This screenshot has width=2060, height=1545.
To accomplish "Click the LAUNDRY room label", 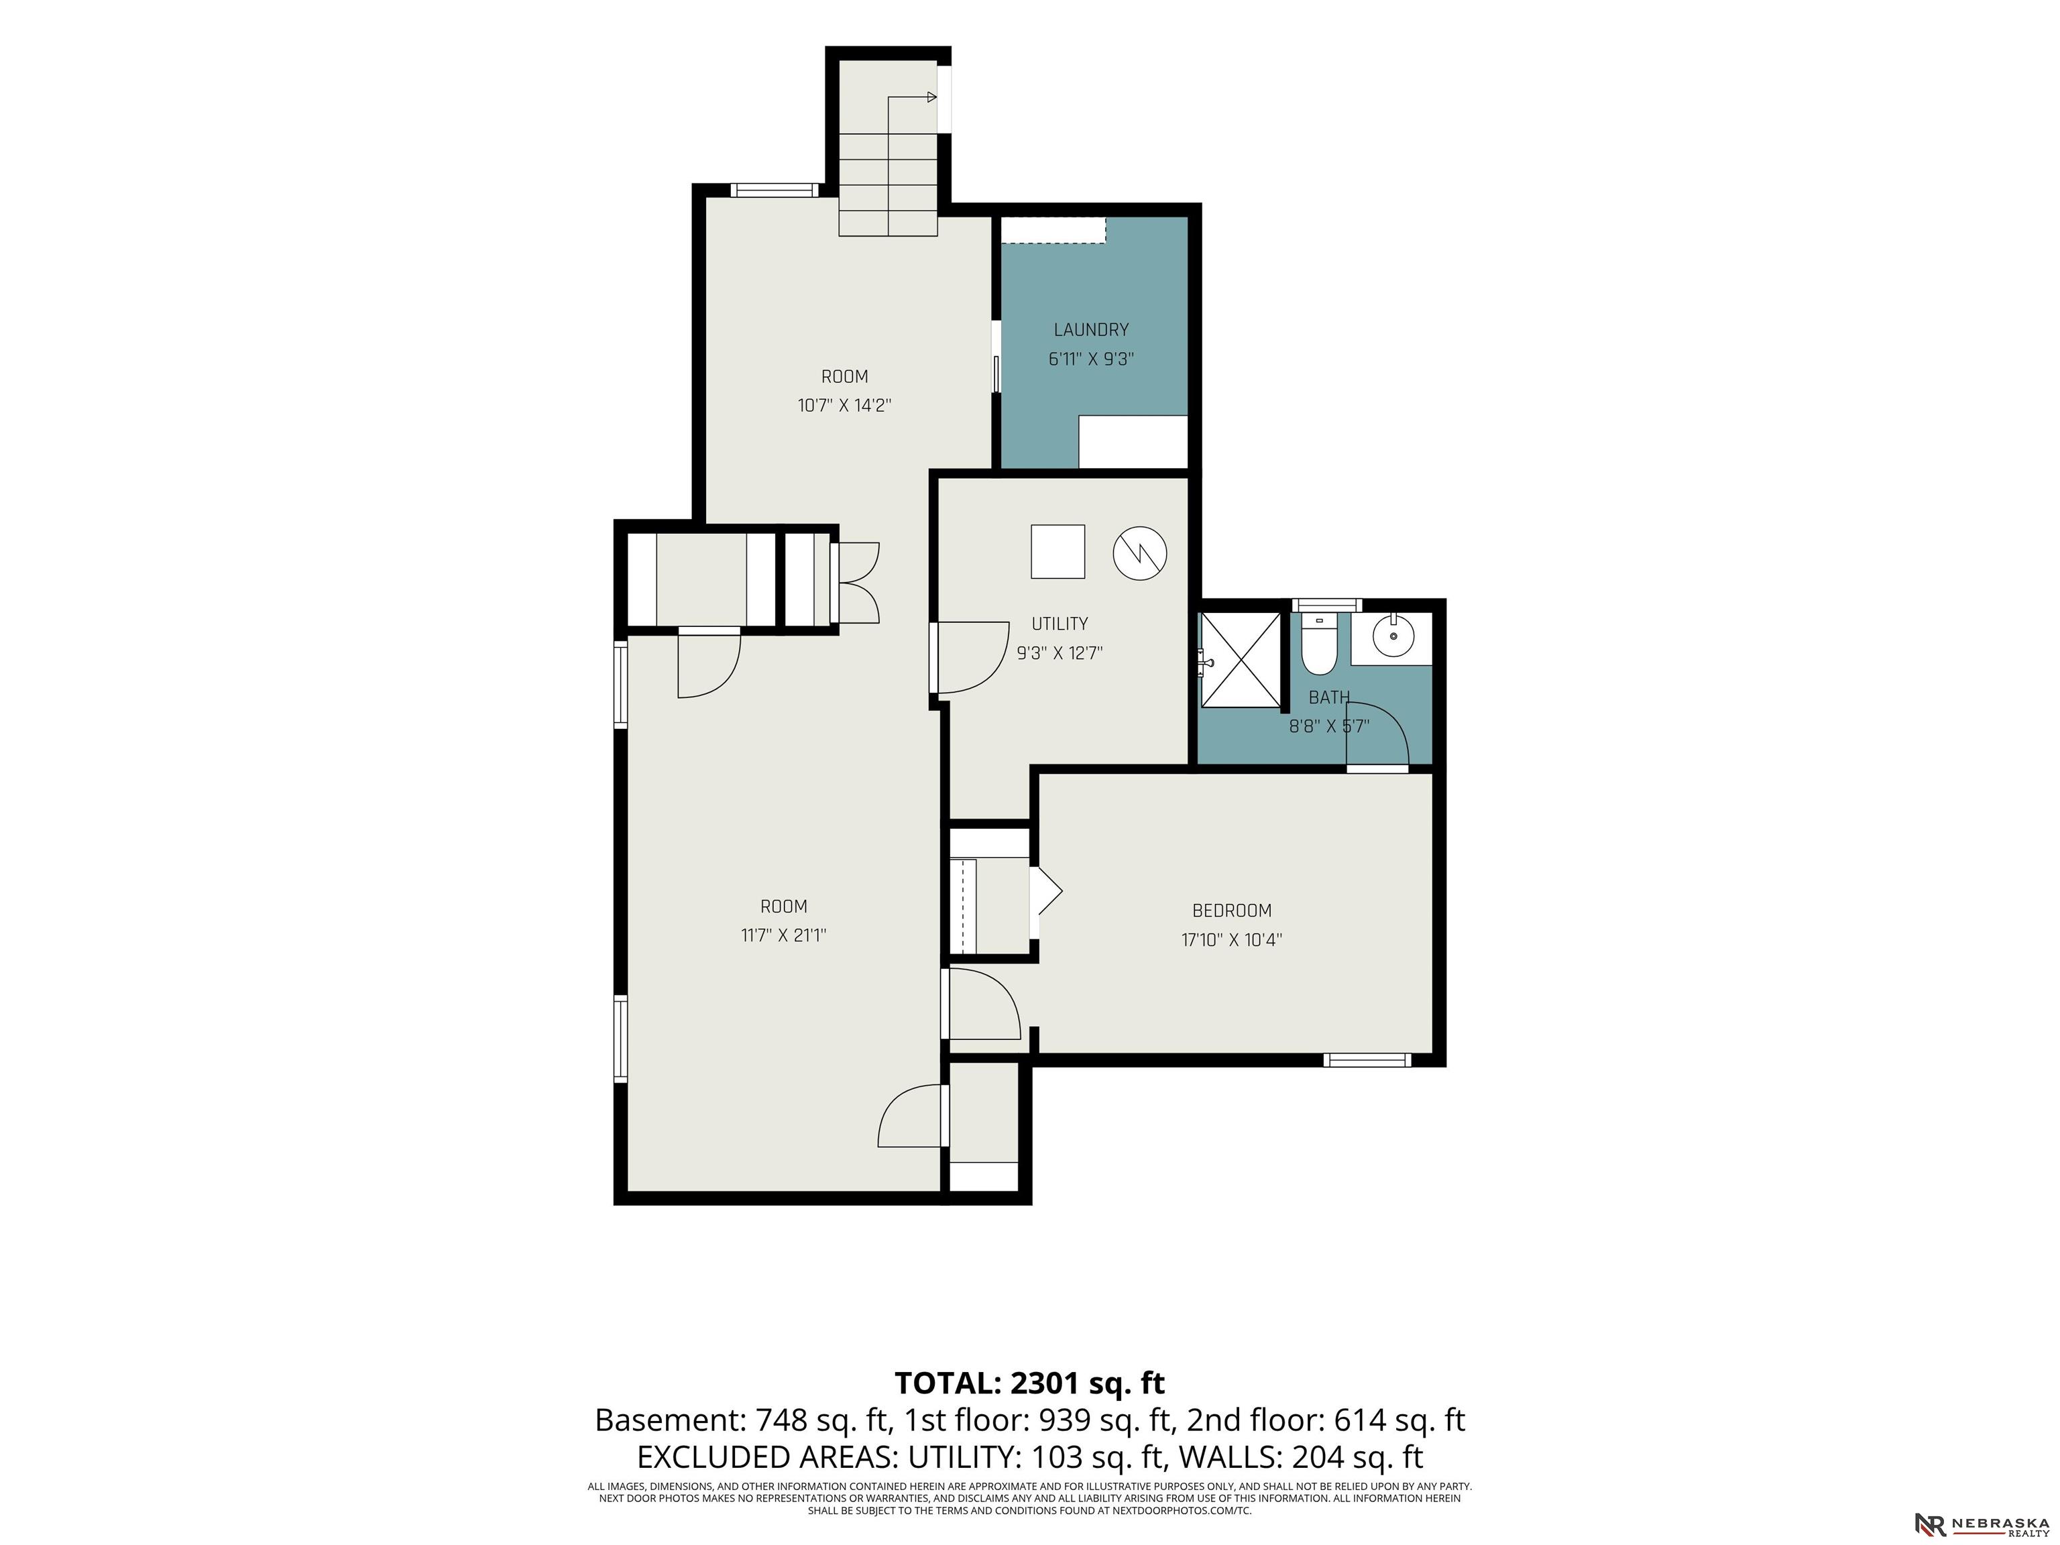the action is click(x=1090, y=330).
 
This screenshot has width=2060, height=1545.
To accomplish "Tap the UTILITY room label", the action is click(x=1060, y=624).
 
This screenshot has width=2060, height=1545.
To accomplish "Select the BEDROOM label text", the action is click(x=1231, y=911).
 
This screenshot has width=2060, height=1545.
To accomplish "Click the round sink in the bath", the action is click(x=1393, y=636).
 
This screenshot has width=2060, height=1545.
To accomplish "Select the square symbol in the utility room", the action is click(x=1058, y=551).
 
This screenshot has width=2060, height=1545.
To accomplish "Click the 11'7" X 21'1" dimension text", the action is click(x=783, y=935).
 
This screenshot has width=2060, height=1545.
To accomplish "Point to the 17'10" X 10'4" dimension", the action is click(x=1231, y=939).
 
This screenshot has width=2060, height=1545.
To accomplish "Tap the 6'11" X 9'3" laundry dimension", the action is click(x=1090, y=359).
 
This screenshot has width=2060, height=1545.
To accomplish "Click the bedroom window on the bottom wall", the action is click(x=1367, y=1060).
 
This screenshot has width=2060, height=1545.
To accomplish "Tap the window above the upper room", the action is click(x=775, y=190).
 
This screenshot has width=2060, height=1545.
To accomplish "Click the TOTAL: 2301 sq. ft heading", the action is click(x=1029, y=1383).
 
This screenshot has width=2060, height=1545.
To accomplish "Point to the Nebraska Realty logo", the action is click(x=1981, y=1524).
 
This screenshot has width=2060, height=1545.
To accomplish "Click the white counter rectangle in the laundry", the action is click(x=1133, y=441).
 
